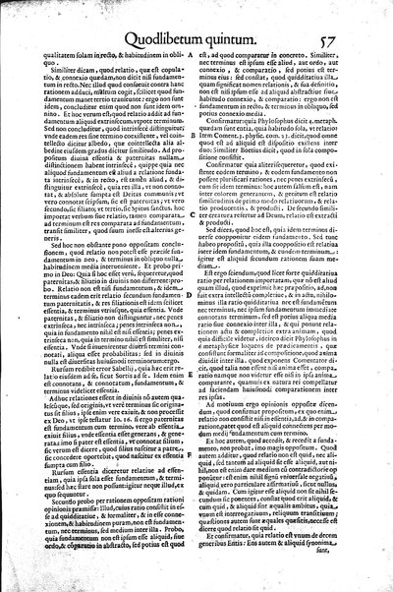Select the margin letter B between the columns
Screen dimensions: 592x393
[201, 148]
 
